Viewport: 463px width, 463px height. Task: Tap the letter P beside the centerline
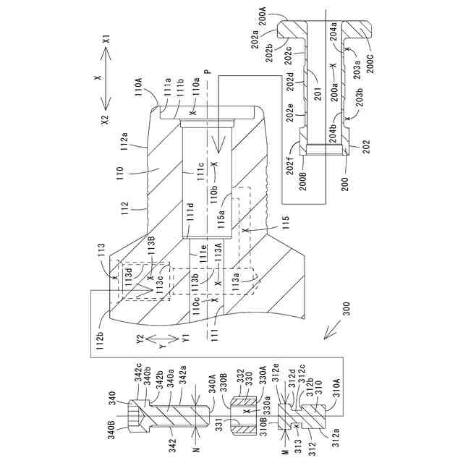(x=207, y=73)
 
